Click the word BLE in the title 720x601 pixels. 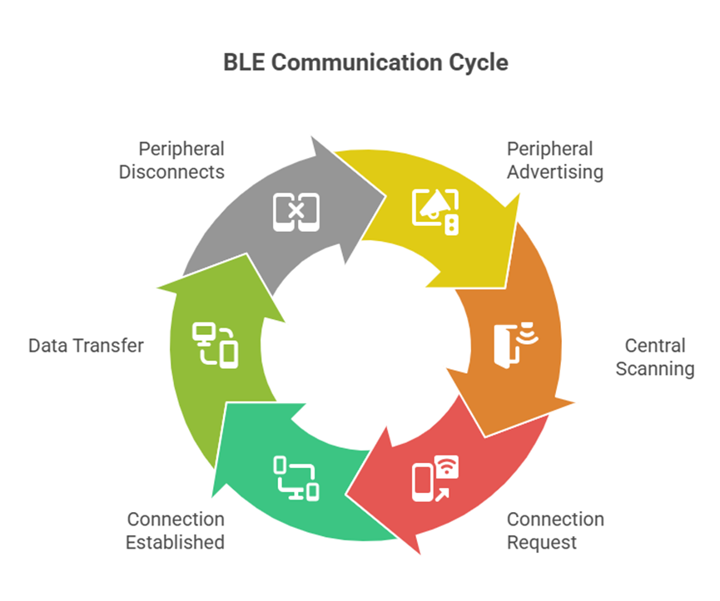pyautogui.click(x=242, y=62)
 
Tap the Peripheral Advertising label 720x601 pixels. pyautogui.click(x=554, y=160)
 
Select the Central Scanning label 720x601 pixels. pyautogui.click(x=655, y=357)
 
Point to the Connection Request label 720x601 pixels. pyautogui.click(x=555, y=530)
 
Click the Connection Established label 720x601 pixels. pyautogui.click(x=176, y=530)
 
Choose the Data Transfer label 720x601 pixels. pyautogui.click(x=86, y=345)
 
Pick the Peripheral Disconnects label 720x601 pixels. pyautogui.click(x=171, y=160)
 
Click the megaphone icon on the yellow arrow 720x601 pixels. pyautogui.click(x=435, y=211)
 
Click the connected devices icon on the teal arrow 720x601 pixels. pyautogui.click(x=296, y=479)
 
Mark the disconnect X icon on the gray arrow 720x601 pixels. pyautogui.click(x=296, y=211)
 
